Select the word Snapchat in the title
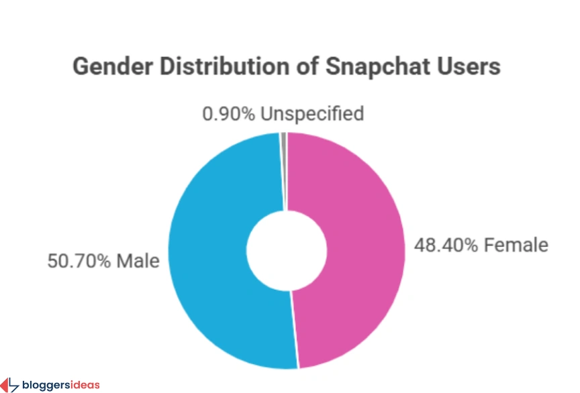click(381, 67)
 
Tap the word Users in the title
click(471, 67)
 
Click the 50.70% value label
click(78, 260)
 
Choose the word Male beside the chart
click(138, 260)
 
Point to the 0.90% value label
click(228, 113)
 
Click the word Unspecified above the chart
click(312, 113)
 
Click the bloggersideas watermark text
click(60, 385)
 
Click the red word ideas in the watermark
click(85, 385)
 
